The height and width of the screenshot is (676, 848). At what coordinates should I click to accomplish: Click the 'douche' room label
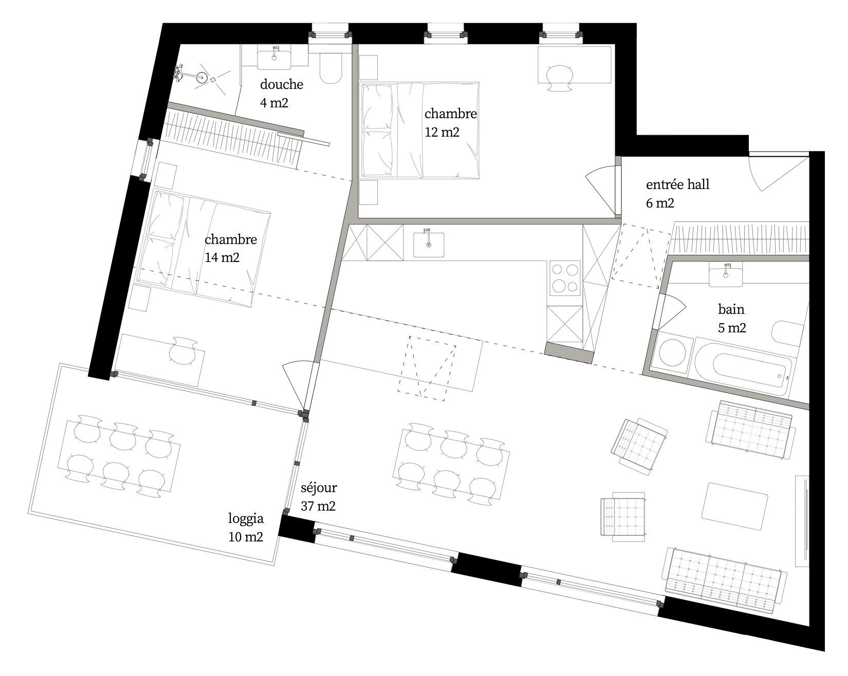point(282,84)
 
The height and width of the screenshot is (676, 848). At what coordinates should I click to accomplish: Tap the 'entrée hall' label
point(677,184)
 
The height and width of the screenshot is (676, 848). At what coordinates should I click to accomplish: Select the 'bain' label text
point(731,309)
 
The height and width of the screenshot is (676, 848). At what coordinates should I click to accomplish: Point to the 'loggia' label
point(246,519)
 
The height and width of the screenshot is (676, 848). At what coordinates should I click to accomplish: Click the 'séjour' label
point(319,487)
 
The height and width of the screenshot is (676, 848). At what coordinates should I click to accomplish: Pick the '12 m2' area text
point(442,132)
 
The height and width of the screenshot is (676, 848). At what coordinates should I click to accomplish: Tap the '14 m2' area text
point(222,257)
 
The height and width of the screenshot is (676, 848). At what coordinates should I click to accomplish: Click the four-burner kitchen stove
point(565,278)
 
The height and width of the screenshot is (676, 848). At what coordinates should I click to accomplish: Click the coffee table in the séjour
point(735,506)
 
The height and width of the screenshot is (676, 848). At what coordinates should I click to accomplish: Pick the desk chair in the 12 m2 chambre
point(559,78)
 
